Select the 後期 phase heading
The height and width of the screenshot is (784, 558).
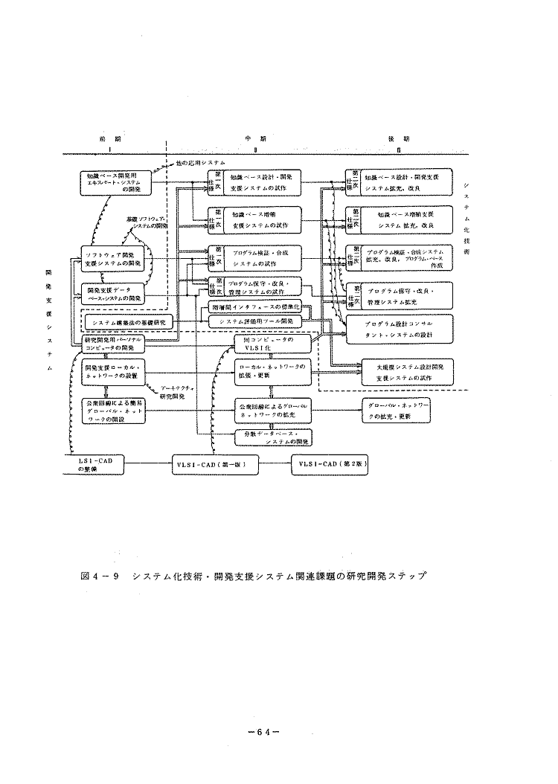click(400, 139)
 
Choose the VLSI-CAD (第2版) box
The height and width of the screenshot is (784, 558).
click(331, 464)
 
